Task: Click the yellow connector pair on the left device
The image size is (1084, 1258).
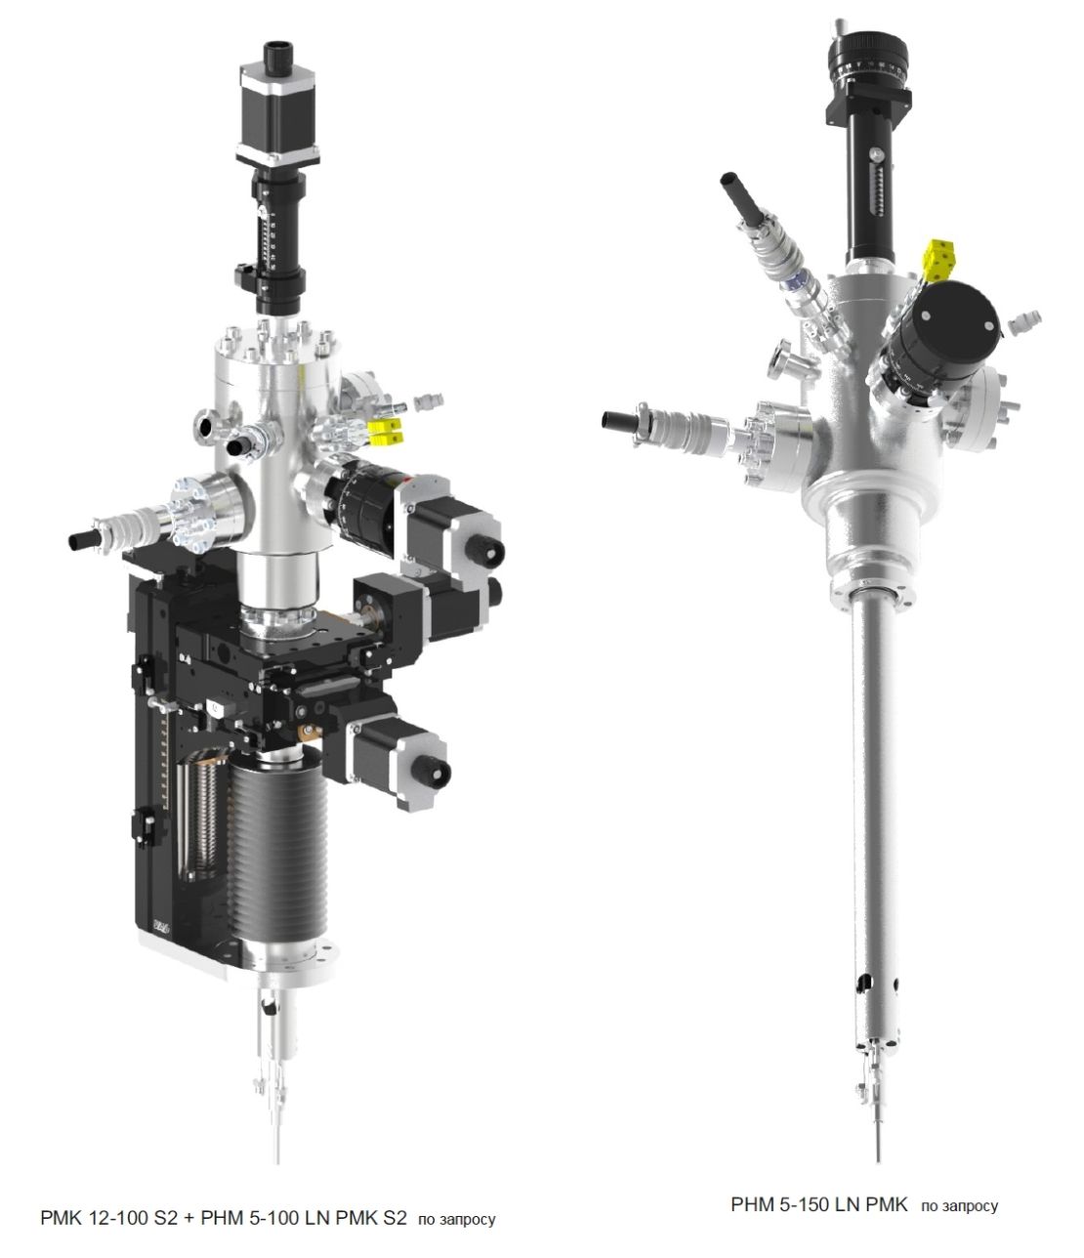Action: [x=386, y=432]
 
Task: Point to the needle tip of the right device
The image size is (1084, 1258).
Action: [x=878, y=1158]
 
